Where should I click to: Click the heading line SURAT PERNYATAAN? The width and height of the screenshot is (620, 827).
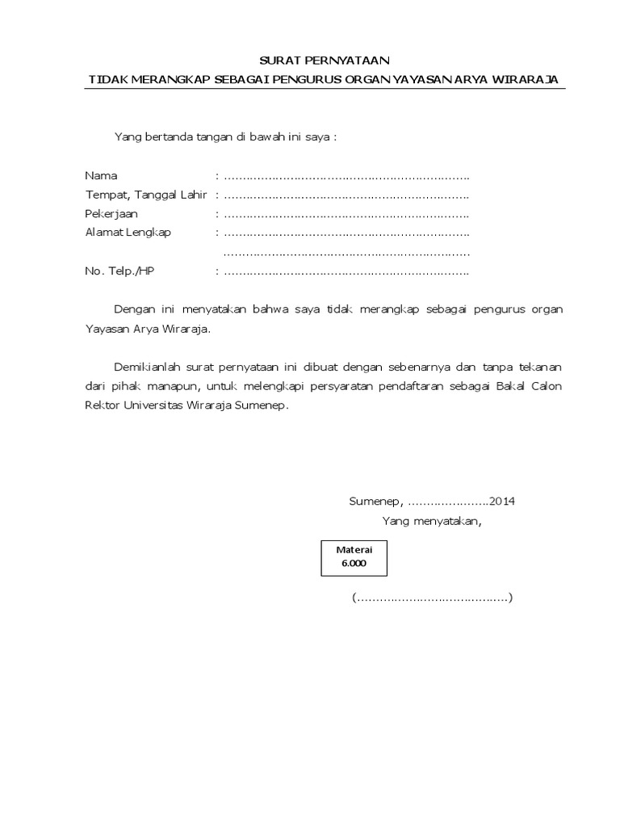323,61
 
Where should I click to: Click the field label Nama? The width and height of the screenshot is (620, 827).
101,176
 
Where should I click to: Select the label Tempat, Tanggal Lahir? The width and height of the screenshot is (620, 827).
146,195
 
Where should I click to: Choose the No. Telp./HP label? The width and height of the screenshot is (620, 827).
119,271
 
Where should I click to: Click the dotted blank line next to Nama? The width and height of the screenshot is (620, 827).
346,176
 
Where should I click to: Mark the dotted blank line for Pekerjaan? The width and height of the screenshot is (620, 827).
346,214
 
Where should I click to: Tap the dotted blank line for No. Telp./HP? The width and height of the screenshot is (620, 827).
346,271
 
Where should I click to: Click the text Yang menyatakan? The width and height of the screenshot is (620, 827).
431,520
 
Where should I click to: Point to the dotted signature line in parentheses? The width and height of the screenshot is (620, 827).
432,598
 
